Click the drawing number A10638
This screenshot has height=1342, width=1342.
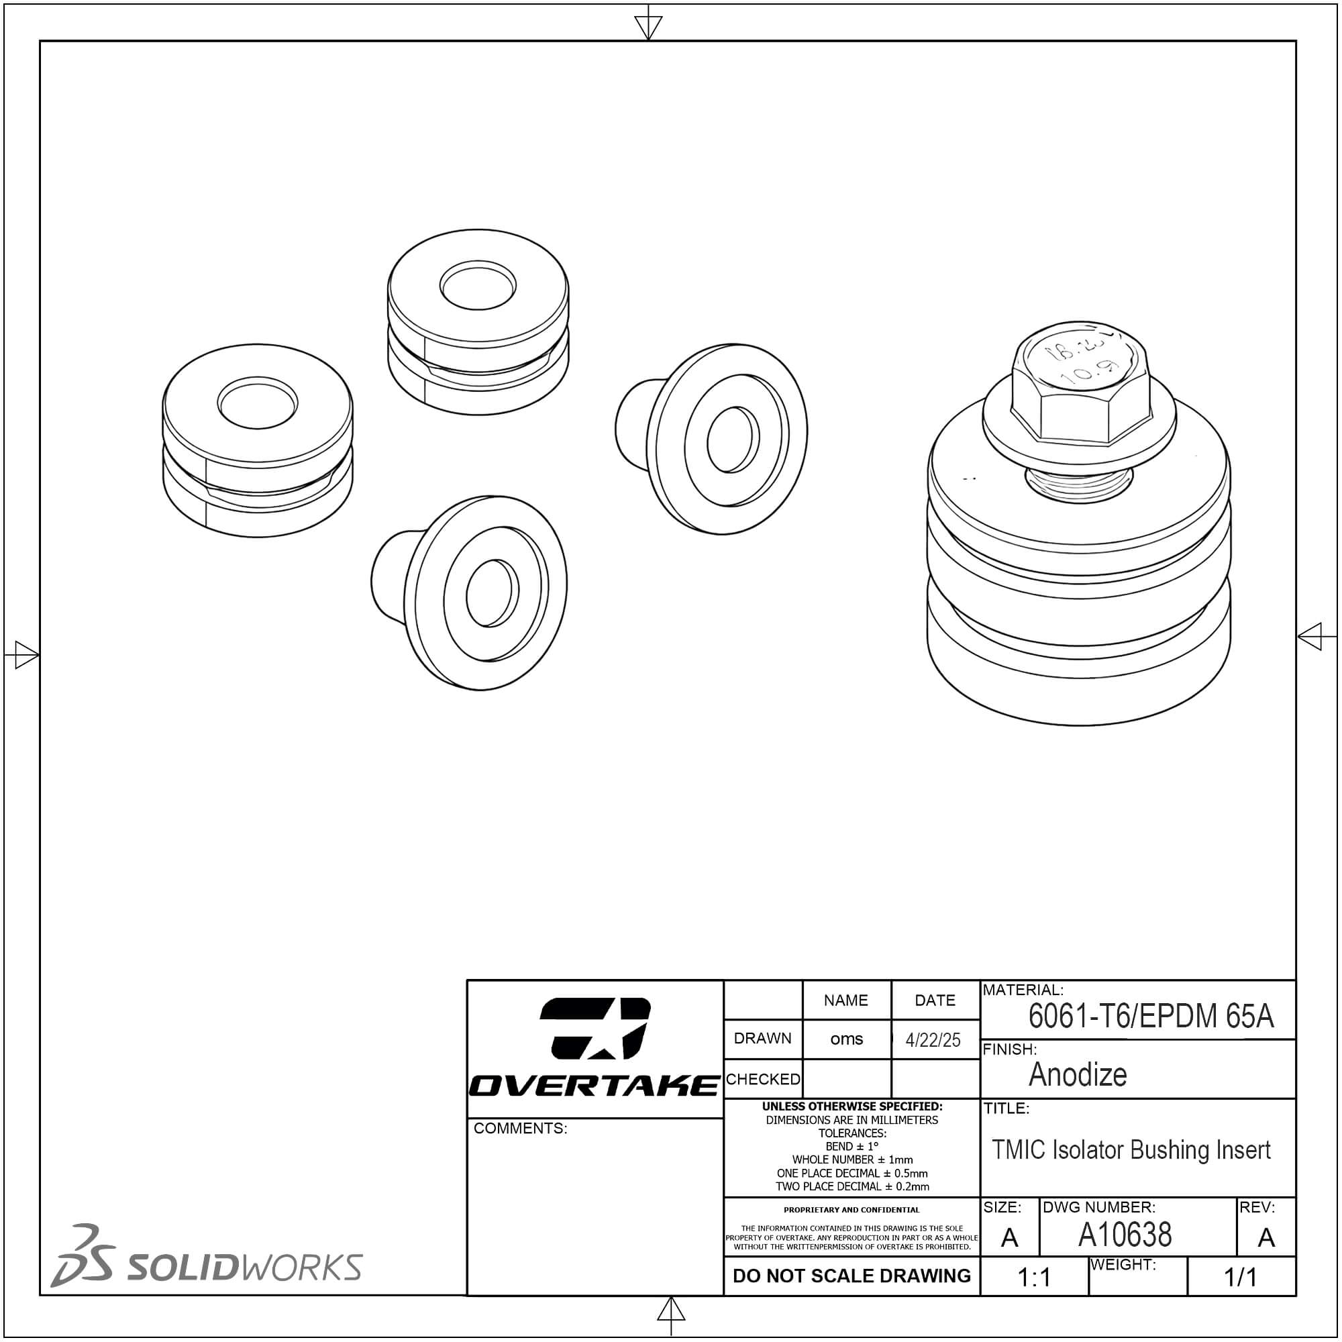1125,1235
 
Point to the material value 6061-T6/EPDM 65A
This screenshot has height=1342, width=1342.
1150,1016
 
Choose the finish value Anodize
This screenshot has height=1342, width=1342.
1078,1074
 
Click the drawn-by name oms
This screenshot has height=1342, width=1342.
846,1039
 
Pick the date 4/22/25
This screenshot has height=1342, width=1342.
933,1040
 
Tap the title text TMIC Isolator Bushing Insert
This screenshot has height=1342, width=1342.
1131,1150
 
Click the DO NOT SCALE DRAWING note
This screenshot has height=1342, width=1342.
851,1276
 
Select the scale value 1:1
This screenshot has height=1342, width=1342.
1033,1277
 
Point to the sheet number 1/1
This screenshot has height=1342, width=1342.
1240,1277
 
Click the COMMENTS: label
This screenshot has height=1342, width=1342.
520,1128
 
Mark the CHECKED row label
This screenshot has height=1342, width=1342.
763,1079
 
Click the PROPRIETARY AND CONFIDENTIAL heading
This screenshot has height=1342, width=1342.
851,1209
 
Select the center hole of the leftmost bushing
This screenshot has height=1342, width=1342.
258,402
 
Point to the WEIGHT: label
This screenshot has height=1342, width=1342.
1123,1264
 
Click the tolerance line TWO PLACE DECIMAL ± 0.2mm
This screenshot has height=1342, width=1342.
852,1186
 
